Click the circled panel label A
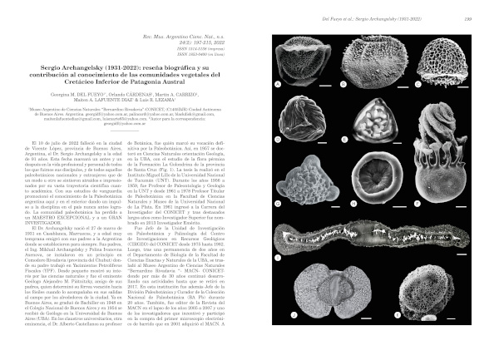[x=279, y=86]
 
